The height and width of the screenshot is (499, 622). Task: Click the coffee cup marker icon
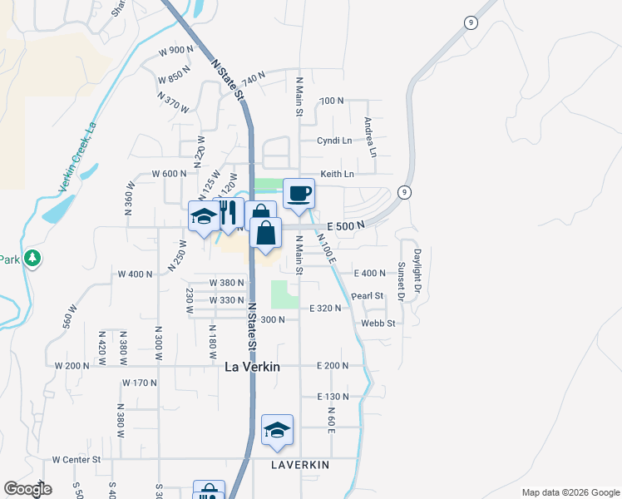pyautogui.click(x=299, y=195)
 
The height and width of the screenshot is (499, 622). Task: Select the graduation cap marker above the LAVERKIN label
pyautogui.click(x=278, y=430)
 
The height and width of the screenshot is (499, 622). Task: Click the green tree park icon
pyautogui.click(x=32, y=259)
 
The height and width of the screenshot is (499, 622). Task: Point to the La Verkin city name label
pyautogui.click(x=252, y=366)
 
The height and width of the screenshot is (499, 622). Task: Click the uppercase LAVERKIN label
pyautogui.click(x=300, y=464)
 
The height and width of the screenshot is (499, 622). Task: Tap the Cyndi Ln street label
pyautogui.click(x=334, y=141)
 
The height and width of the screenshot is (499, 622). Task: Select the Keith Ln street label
pyautogui.click(x=338, y=174)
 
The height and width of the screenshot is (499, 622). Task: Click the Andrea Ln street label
pyautogui.click(x=371, y=136)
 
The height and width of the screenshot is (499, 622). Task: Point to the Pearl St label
pyautogui.click(x=367, y=295)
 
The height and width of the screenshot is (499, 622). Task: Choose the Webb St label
pyautogui.click(x=377, y=323)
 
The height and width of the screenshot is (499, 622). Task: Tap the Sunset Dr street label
pyautogui.click(x=401, y=281)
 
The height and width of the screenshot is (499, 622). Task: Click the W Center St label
pyautogui.click(x=77, y=458)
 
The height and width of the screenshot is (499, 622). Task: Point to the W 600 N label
pyautogui.click(x=170, y=174)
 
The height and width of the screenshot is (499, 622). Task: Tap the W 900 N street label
pyautogui.click(x=175, y=50)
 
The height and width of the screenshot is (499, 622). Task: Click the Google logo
pyautogui.click(x=27, y=489)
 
